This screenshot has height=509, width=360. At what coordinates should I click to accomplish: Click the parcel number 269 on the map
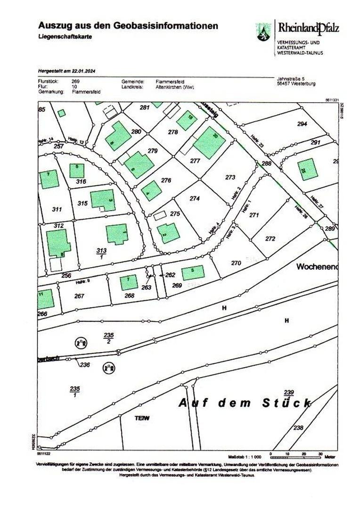point(177,285)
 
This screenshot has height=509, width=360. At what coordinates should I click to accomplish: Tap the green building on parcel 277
point(209,142)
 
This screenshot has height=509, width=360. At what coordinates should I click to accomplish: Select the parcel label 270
point(236,263)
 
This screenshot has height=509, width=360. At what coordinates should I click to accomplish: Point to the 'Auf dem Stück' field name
point(245,403)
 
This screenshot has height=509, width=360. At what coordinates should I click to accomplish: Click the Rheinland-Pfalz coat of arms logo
point(263,32)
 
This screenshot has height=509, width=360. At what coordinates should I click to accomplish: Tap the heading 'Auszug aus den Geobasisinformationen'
point(128,25)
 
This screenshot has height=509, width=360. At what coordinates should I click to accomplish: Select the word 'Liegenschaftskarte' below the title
point(65,37)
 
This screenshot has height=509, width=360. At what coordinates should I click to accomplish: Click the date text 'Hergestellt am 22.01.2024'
point(66,71)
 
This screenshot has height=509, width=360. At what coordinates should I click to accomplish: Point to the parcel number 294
point(302,123)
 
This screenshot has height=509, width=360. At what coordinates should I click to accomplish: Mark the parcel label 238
point(298,427)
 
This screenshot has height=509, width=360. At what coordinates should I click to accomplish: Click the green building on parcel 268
point(129,282)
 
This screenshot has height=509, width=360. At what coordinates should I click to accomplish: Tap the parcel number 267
point(79,296)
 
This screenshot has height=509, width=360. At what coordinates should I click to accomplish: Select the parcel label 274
point(195,198)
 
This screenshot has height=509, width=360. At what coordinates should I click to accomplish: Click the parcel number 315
point(82,203)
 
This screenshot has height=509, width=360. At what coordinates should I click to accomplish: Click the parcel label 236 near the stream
point(85,364)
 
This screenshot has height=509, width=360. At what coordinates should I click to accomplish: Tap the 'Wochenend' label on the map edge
point(317,267)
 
